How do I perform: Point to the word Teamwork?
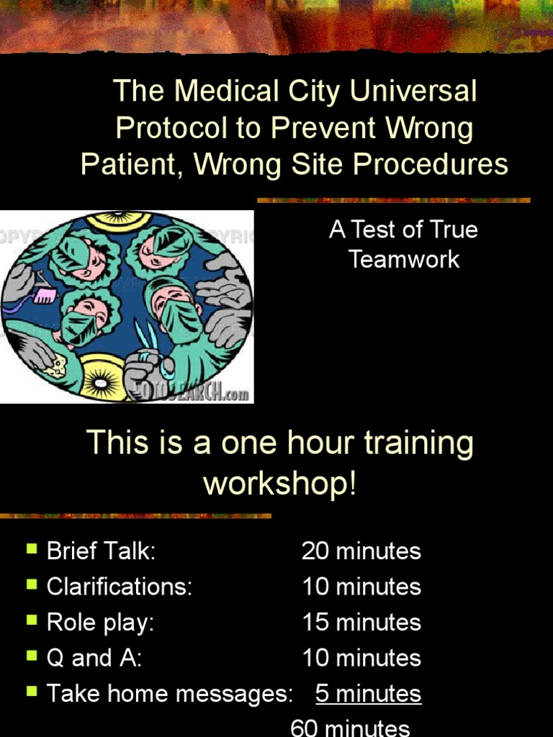(x=404, y=259)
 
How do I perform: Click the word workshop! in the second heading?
(x=280, y=483)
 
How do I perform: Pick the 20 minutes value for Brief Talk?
(x=361, y=551)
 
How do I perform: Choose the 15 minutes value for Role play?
(x=361, y=623)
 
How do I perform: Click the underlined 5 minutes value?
(x=368, y=694)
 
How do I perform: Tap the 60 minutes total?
(x=350, y=727)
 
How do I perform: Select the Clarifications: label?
(x=120, y=587)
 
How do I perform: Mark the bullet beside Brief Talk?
(x=32, y=549)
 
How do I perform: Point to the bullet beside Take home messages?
(x=32, y=692)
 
